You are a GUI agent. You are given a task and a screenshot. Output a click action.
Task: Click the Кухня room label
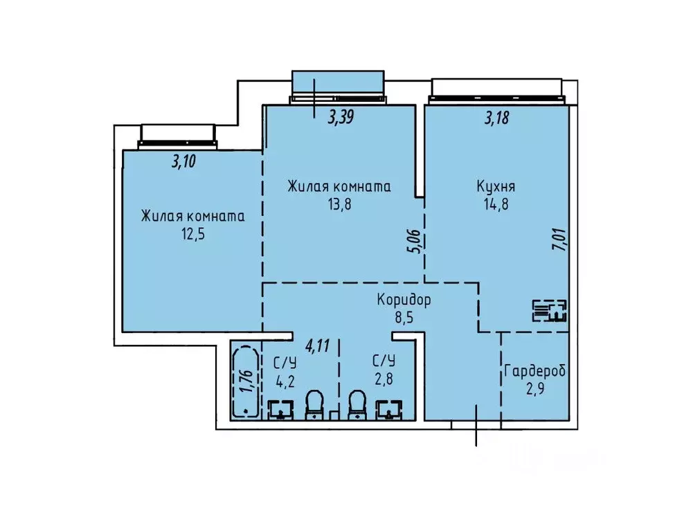[x=495, y=187]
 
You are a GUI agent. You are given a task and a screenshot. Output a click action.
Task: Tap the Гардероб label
[x=534, y=371]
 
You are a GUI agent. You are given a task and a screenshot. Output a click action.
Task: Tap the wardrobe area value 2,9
[x=534, y=388]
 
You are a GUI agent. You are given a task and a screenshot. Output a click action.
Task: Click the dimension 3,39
[x=341, y=118]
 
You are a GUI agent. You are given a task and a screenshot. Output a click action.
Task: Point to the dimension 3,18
[x=496, y=118]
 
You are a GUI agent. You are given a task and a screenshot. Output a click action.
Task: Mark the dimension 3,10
[x=183, y=163]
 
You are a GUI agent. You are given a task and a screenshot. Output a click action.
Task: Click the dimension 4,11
[x=318, y=345]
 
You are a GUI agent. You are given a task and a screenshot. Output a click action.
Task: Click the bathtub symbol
[x=244, y=381]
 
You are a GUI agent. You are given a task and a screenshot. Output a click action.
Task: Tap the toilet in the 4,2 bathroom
[x=314, y=404]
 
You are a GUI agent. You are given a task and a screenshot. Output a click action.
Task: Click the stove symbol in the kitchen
[x=550, y=311]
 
